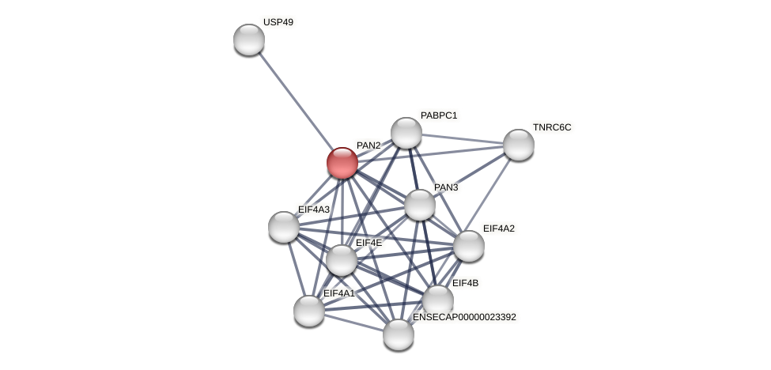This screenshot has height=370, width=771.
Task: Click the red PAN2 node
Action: (x=342, y=163)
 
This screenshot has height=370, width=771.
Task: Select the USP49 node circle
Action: (x=249, y=40)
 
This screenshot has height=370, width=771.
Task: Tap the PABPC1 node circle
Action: (x=406, y=133)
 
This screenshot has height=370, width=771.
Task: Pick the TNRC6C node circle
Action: (x=519, y=145)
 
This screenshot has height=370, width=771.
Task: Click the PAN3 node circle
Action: (x=420, y=205)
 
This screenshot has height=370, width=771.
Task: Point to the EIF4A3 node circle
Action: (x=284, y=227)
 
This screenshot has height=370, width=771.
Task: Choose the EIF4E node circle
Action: (x=342, y=260)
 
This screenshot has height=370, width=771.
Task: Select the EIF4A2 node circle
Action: (x=469, y=246)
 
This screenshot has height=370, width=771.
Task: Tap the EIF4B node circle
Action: (x=438, y=300)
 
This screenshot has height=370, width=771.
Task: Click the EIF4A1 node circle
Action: (x=309, y=311)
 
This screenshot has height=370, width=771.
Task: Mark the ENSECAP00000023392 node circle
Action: (x=399, y=334)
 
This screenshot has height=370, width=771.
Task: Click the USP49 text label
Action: (x=278, y=22)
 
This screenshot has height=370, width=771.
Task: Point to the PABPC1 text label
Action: (x=439, y=115)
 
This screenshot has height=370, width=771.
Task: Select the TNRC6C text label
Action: (x=552, y=127)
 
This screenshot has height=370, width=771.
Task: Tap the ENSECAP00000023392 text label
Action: (x=464, y=317)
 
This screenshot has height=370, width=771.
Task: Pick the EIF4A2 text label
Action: (x=499, y=228)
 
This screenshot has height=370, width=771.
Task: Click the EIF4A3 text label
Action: (x=314, y=210)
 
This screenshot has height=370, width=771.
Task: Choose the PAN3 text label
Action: (x=446, y=187)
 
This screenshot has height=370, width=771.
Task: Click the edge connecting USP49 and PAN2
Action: (x=296, y=101)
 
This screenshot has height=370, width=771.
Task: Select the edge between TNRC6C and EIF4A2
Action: (x=494, y=194)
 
